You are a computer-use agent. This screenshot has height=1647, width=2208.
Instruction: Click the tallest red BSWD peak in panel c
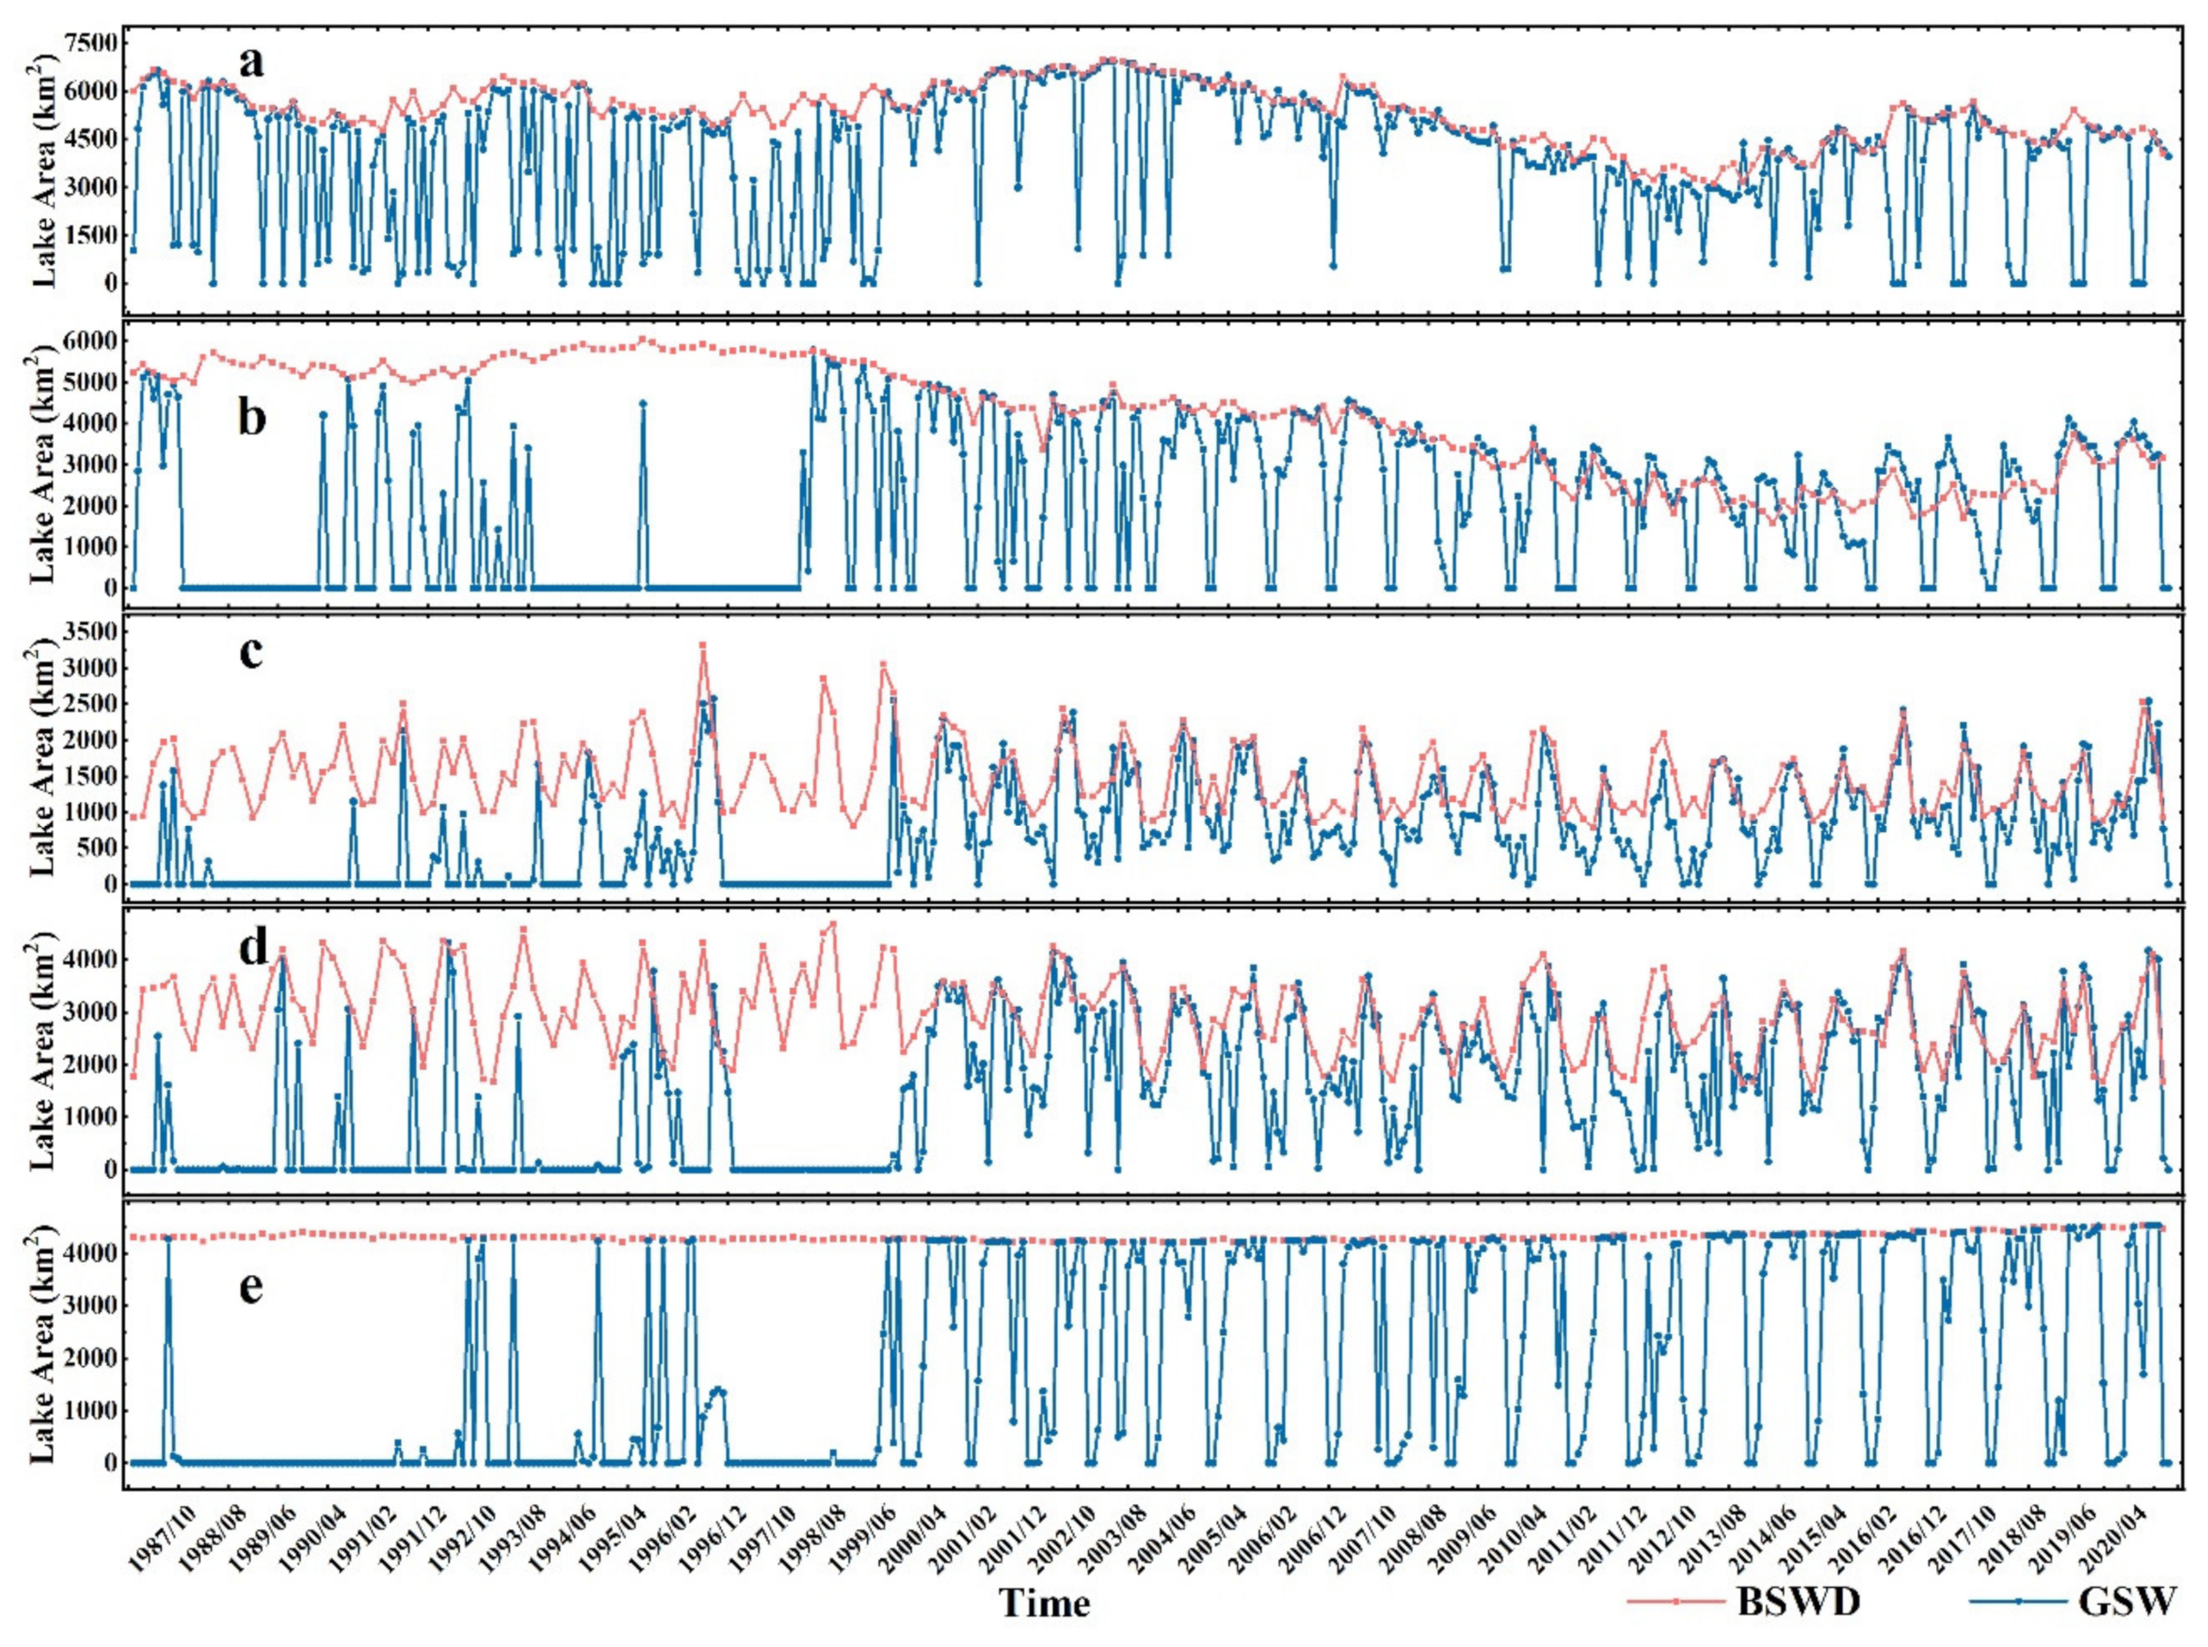(x=702, y=645)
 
